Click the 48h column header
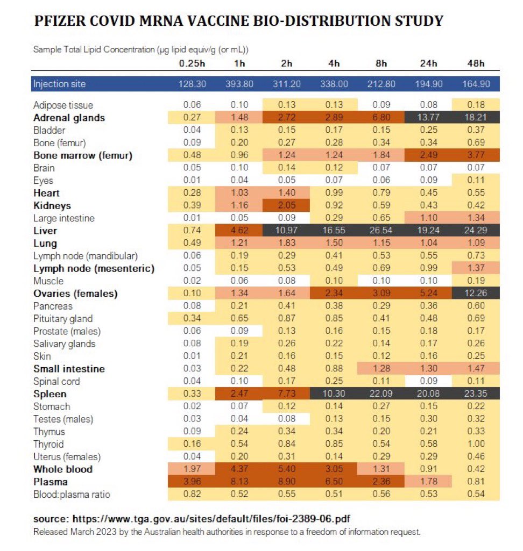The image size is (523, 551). click(476, 63)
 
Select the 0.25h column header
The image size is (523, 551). click(192, 63)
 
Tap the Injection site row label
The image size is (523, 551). click(59, 84)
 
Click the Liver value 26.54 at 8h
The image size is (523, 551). click(381, 231)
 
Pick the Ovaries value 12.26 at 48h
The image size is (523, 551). click(476, 294)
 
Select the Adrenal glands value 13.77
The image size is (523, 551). click(428, 118)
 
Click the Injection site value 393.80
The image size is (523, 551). click(239, 84)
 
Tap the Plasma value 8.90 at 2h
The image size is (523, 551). click(287, 482)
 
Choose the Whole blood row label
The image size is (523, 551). click(62, 469)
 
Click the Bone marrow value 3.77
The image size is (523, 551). click(476, 155)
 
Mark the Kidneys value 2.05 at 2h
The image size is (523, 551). click(287, 205)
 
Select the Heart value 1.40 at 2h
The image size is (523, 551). click(287, 193)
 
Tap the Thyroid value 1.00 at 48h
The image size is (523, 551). click(476, 444)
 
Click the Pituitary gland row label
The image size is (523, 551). click(63, 319)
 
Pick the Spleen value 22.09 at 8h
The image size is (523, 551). click(381, 394)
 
